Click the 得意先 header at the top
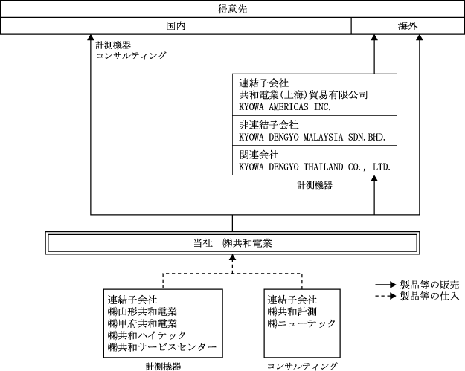[232, 9]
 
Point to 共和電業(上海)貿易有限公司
[304, 95]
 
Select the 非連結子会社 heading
[269, 125]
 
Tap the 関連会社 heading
[259, 155]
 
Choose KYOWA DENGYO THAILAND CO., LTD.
[315, 167]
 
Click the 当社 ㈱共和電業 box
[232, 243]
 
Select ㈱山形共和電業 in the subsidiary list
[142, 312]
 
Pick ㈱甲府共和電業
[142, 323]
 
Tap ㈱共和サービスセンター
[161, 347]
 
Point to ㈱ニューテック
[298, 323]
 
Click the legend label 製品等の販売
[429, 284]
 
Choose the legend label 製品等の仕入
[429, 296]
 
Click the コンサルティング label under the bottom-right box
[302, 366]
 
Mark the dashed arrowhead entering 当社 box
[233, 258]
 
